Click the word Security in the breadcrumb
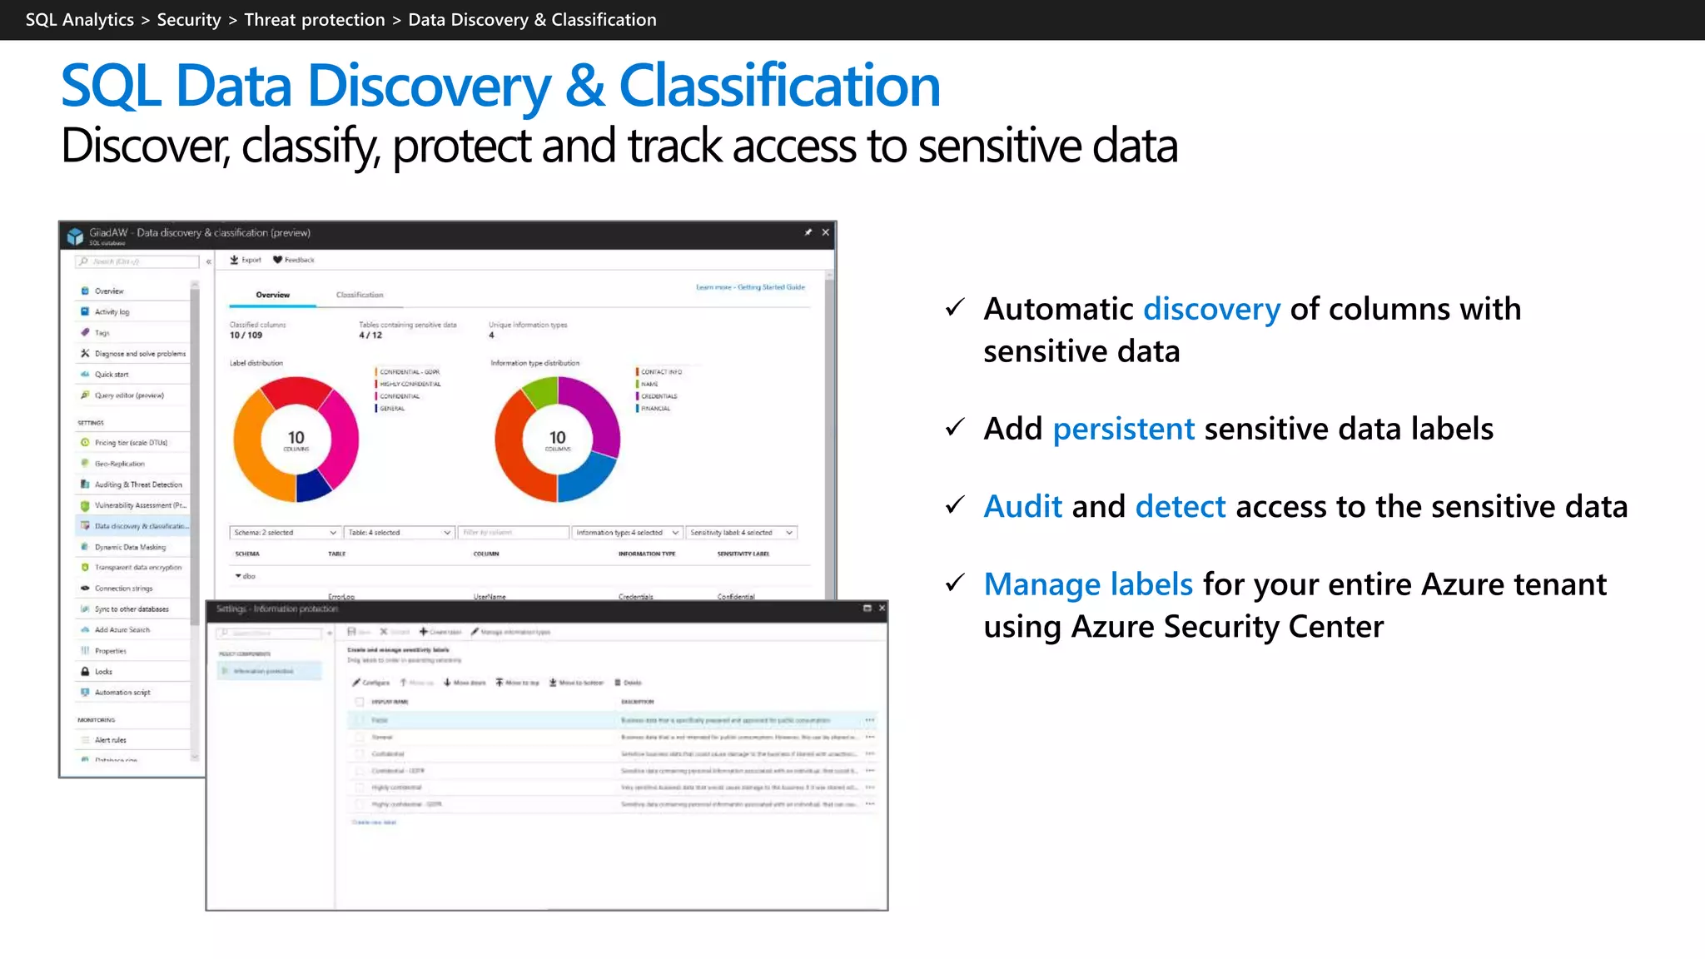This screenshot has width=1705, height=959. click(189, 20)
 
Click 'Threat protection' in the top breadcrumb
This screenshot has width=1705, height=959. click(314, 20)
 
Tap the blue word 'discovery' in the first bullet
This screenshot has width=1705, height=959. click(1211, 309)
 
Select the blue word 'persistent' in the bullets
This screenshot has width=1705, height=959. click(1123, 429)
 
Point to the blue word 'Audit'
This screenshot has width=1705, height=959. click(1022, 506)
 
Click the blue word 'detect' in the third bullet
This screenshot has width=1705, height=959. click(1180, 506)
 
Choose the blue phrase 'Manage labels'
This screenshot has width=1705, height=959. click(1087, 584)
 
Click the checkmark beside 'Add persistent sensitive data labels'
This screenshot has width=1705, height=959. click(955, 428)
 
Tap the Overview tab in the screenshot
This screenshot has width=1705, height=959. click(273, 295)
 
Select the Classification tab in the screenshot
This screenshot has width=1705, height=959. click(360, 295)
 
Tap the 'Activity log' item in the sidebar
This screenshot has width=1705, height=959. click(112, 312)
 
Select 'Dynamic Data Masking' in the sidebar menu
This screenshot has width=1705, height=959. click(130, 547)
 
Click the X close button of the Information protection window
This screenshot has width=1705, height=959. click(882, 609)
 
